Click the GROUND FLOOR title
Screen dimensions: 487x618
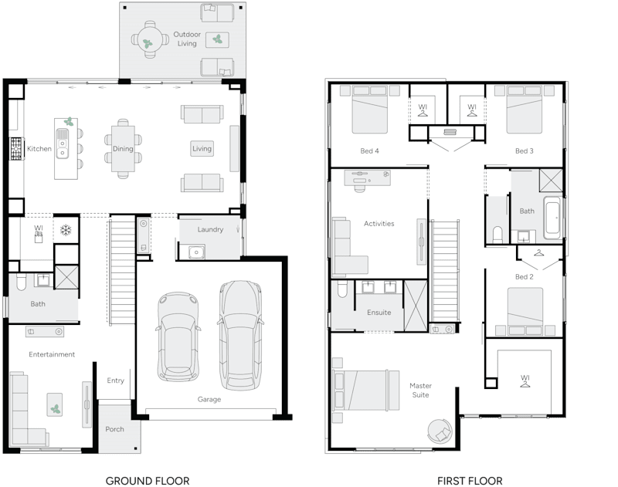tap(147, 480)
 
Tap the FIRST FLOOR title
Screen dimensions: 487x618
tap(470, 480)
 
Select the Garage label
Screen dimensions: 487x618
tap(209, 399)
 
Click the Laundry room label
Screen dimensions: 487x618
tap(210, 229)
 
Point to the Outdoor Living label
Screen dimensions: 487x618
tap(185, 39)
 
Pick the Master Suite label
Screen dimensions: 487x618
tap(420, 390)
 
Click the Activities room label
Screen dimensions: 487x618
tap(379, 224)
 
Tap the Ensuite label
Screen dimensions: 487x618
tap(379, 313)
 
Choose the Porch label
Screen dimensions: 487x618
tap(114, 429)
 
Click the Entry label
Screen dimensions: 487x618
tap(115, 380)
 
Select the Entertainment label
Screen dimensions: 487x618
tap(52, 354)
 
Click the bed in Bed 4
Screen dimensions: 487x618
tap(370, 110)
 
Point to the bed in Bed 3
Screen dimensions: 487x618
tap(524, 110)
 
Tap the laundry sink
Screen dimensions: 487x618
tap(195, 252)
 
